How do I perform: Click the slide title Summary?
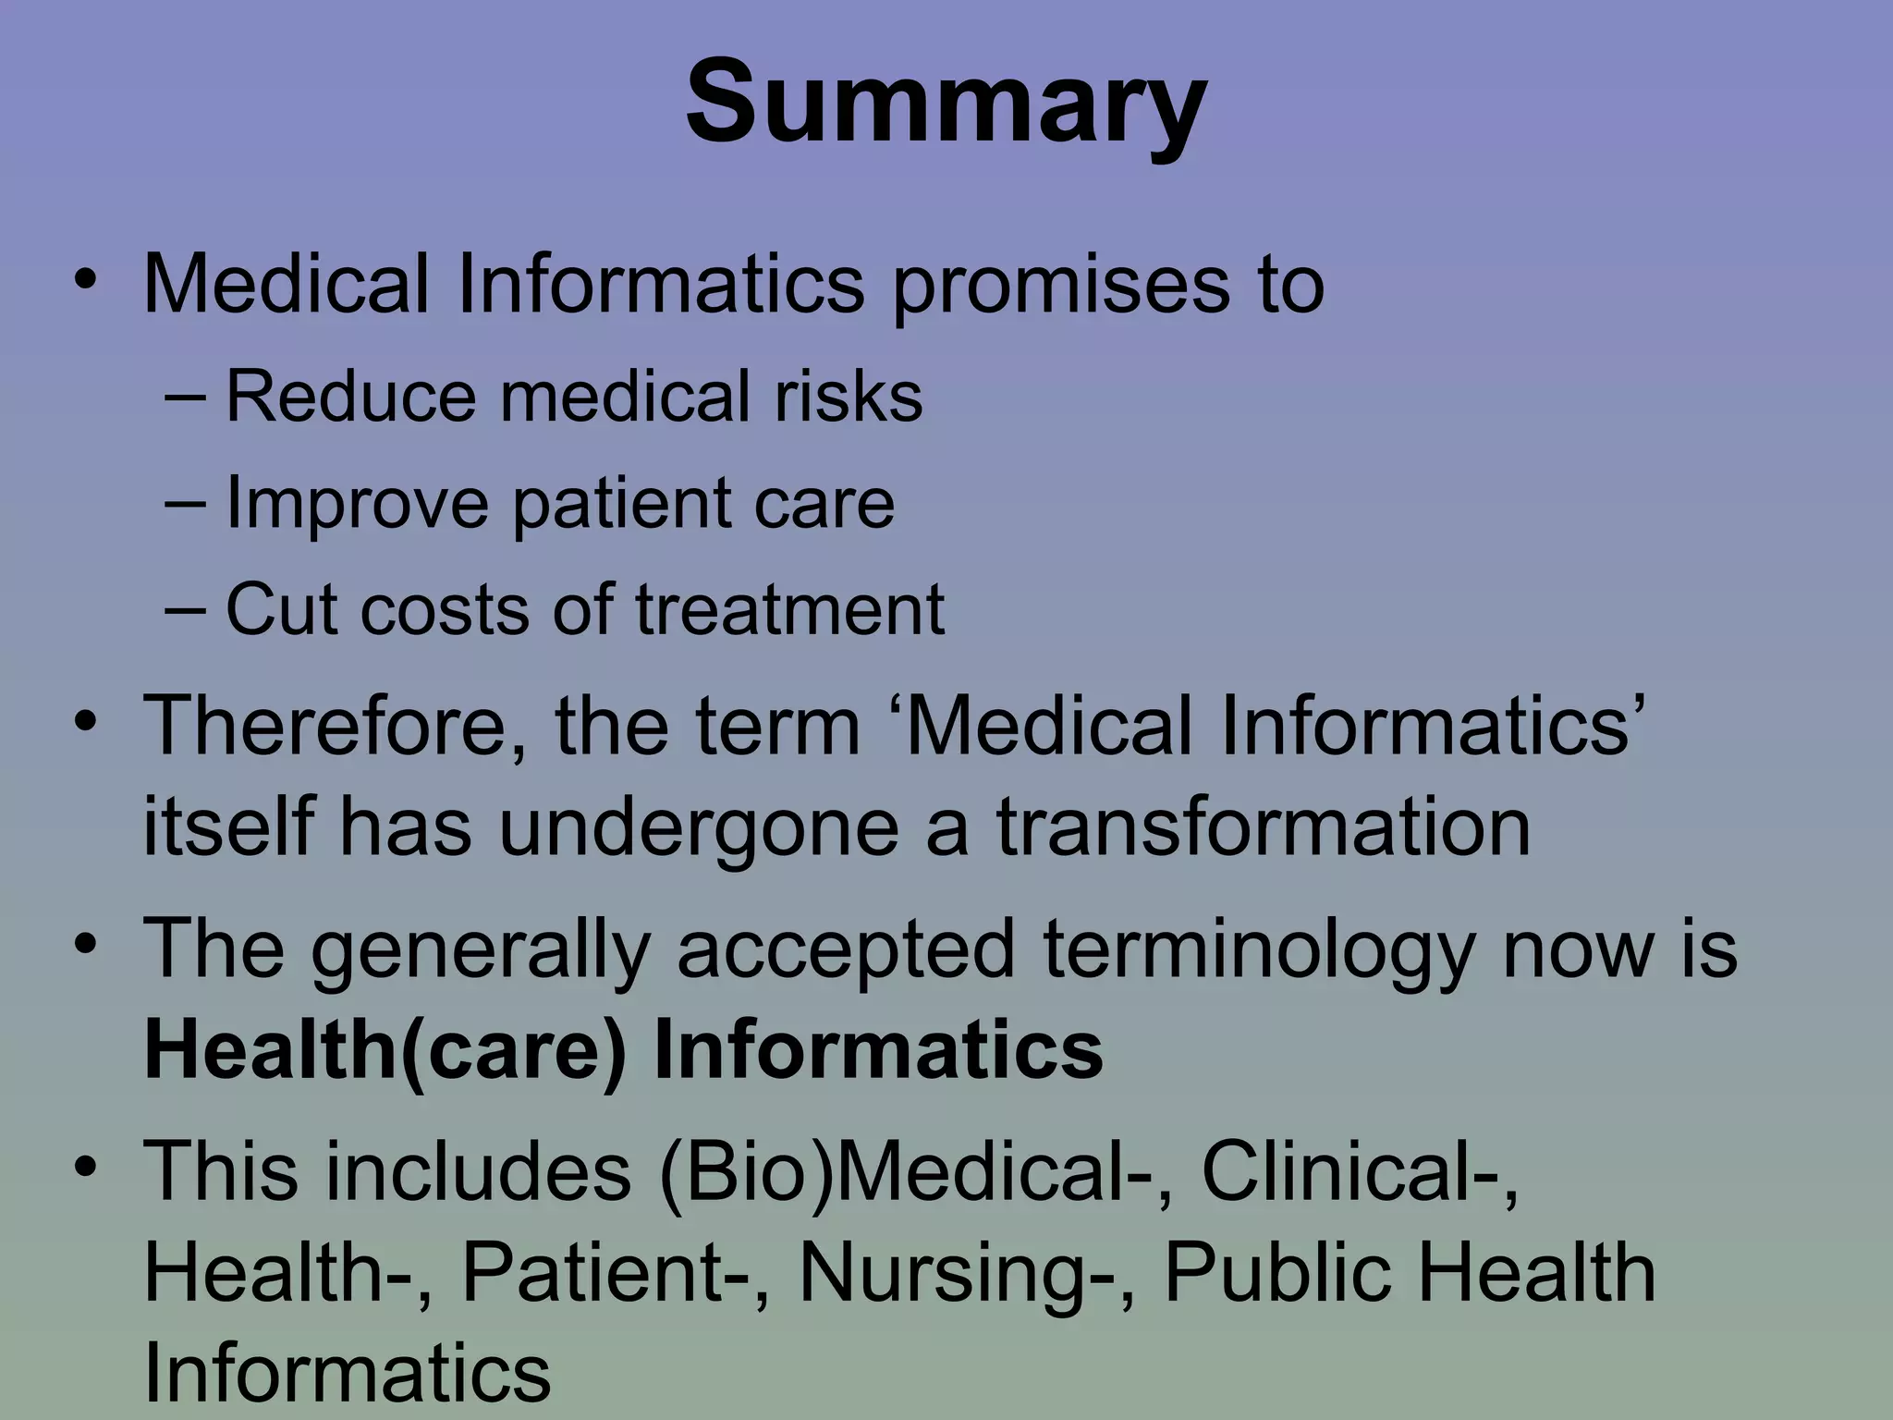946,102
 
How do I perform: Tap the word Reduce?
351,397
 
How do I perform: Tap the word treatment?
790,609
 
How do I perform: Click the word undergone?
699,827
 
